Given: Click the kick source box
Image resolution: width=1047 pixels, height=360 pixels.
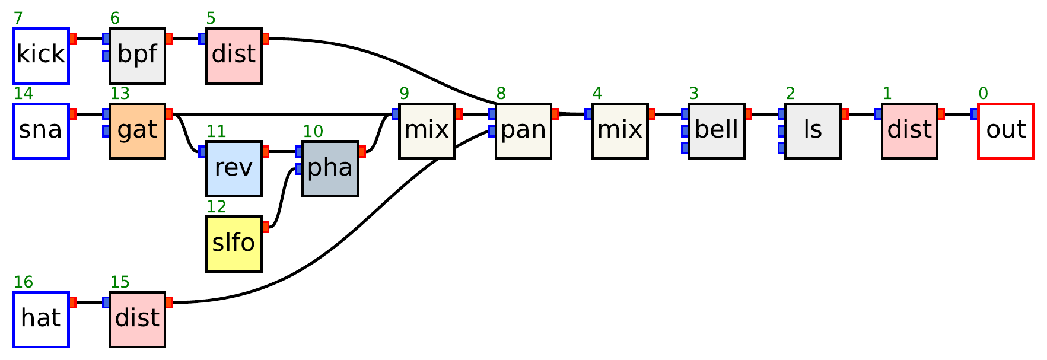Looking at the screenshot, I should pyautogui.click(x=41, y=55).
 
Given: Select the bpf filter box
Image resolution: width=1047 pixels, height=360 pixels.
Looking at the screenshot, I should pyautogui.click(x=137, y=55).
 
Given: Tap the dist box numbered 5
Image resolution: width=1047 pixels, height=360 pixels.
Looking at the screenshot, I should pyautogui.click(x=234, y=55).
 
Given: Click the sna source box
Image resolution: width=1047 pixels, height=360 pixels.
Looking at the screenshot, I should pyautogui.click(x=41, y=131).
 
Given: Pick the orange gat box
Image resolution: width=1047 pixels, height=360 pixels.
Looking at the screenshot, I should pyautogui.click(x=137, y=131).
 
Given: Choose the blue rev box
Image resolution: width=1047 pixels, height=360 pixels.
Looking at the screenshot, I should pyautogui.click(x=234, y=168).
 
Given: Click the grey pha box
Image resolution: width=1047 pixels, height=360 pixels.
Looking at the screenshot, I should pyautogui.click(x=330, y=168).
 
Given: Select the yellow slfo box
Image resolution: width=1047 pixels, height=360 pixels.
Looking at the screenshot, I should pyautogui.click(x=234, y=244).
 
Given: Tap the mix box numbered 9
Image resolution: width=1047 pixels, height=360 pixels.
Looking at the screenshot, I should pyautogui.click(x=427, y=131).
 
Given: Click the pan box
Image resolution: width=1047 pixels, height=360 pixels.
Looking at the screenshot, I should pyautogui.click(x=523, y=131).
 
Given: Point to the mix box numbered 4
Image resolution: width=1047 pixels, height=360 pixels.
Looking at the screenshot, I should pyautogui.click(x=619, y=131).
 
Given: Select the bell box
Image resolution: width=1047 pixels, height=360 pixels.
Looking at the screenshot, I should pyautogui.click(x=716, y=131).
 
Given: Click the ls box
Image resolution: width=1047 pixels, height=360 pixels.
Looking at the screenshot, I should pyautogui.click(x=813, y=131).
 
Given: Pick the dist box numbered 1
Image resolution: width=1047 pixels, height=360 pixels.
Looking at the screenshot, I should pyautogui.click(x=909, y=131).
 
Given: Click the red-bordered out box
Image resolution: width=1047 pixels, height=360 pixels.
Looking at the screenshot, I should pyautogui.click(x=1005, y=131).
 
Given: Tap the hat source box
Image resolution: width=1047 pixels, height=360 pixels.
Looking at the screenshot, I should pyautogui.click(x=41, y=319).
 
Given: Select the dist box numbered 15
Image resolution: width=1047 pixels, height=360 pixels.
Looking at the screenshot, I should pyautogui.click(x=137, y=319).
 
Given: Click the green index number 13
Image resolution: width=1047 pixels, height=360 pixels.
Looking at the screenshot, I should pyautogui.click(x=119, y=94).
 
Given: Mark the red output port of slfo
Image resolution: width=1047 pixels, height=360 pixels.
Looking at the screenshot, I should pyautogui.click(x=265, y=226).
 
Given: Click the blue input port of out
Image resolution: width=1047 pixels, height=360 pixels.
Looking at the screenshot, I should pyautogui.click(x=975, y=114).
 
